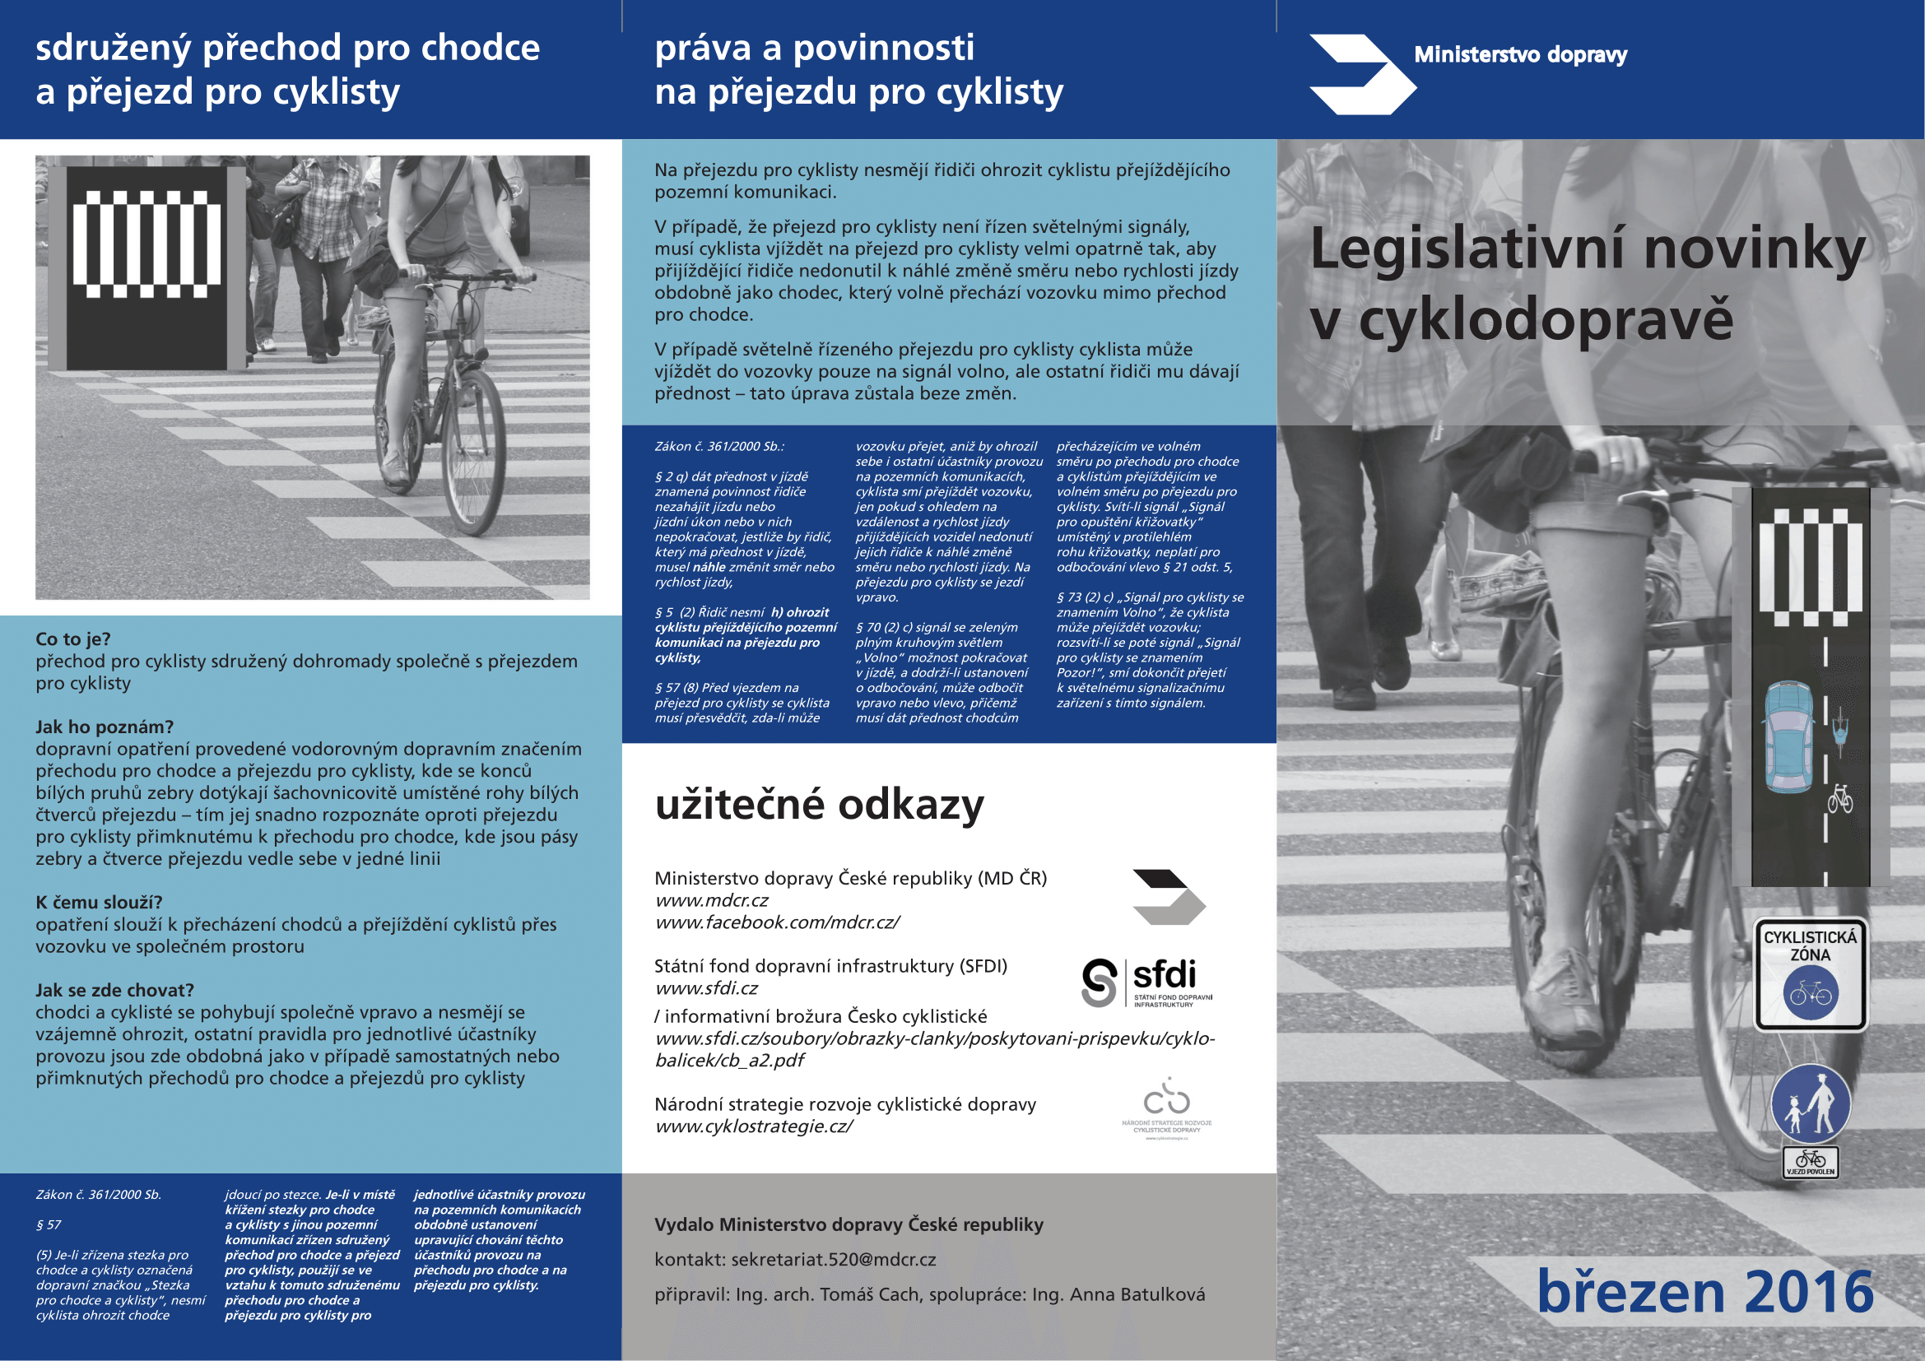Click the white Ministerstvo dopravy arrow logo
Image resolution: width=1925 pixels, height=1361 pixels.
pyautogui.click(x=1361, y=75)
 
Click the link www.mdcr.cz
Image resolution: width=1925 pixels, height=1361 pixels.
pyautogui.click(x=712, y=901)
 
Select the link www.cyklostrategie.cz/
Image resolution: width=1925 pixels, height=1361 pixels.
pyautogui.click(x=753, y=1126)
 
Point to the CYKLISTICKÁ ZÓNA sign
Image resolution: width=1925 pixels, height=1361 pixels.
pyautogui.click(x=1810, y=973)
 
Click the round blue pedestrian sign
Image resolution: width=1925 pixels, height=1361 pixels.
pyautogui.click(x=1810, y=1103)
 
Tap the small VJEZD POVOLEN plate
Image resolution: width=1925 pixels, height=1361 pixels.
pyautogui.click(x=1810, y=1163)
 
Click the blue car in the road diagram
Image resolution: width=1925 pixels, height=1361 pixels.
pyautogui.click(x=1788, y=736)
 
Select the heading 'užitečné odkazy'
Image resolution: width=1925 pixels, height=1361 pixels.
pyautogui.click(x=819, y=805)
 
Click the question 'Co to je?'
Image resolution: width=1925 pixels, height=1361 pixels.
pyautogui.click(x=73, y=639)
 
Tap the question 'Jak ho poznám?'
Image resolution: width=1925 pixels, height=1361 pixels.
pyautogui.click(x=105, y=727)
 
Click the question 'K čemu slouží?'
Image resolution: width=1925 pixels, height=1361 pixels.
pyautogui.click(x=99, y=903)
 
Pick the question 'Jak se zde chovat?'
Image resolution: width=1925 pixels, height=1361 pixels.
pyautogui.click(x=115, y=991)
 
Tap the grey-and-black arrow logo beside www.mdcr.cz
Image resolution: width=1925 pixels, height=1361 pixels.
pyautogui.click(x=1168, y=898)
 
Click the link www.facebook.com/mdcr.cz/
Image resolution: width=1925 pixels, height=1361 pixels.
pyautogui.click(x=777, y=922)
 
